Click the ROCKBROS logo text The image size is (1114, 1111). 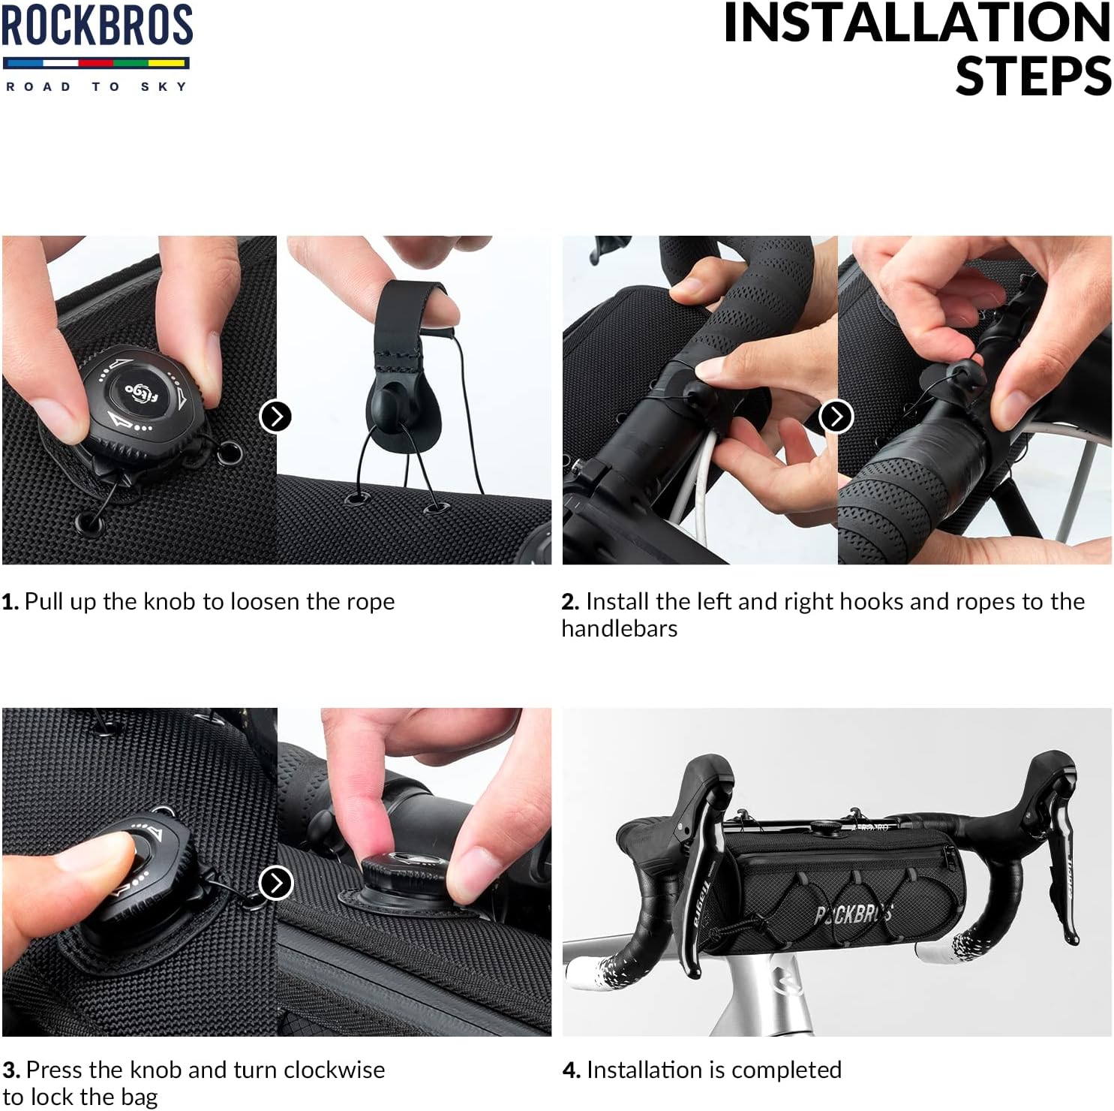pyautogui.click(x=97, y=25)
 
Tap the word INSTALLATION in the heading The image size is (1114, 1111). pyautogui.click(x=917, y=23)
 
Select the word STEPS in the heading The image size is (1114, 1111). pyautogui.click(x=1033, y=76)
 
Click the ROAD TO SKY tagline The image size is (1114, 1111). pyautogui.click(x=97, y=87)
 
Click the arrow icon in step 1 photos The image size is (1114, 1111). pyautogui.click(x=275, y=416)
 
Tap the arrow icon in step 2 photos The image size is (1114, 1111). pyautogui.click(x=836, y=416)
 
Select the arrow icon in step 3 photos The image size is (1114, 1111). pyautogui.click(x=275, y=883)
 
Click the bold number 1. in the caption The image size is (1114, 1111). pyautogui.click(x=10, y=602)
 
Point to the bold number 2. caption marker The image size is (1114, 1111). pyautogui.click(x=570, y=602)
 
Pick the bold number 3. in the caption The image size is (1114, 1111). pyautogui.click(x=11, y=1070)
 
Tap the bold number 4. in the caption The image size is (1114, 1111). pyautogui.click(x=571, y=1070)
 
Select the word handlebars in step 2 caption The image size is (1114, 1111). pyautogui.click(x=620, y=629)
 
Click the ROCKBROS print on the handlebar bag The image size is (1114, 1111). pyautogui.click(x=854, y=914)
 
